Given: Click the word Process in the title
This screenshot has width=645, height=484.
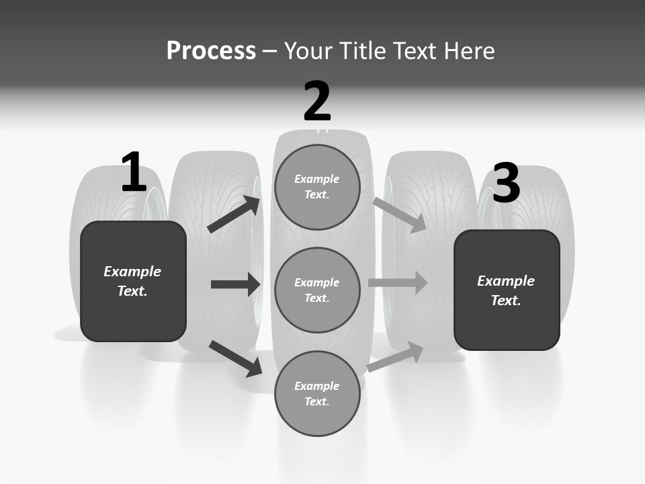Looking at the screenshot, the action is tap(211, 51).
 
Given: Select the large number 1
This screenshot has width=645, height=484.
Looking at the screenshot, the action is tap(134, 172).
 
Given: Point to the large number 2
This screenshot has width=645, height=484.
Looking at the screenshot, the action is tap(317, 102).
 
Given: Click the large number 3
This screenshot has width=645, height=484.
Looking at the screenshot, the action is tap(507, 184).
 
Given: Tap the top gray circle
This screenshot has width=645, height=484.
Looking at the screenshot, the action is tap(317, 187).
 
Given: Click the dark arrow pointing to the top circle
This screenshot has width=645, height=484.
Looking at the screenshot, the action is tap(234, 214).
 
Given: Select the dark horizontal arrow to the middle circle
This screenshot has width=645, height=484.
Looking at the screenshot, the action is tap(235, 284).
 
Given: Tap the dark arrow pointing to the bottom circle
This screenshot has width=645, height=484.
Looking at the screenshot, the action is tap(235, 358).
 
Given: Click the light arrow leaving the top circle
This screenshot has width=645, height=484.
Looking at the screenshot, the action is tap(400, 214).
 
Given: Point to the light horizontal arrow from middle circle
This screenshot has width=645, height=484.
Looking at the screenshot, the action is tap(398, 282).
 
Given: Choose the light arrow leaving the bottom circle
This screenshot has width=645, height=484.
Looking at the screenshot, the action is tap(395, 356).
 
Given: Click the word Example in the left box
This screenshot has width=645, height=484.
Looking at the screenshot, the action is tap(132, 272).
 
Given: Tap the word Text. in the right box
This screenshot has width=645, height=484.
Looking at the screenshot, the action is tap(506, 300).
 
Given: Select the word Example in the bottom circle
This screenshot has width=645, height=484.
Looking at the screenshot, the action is tap(317, 386).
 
